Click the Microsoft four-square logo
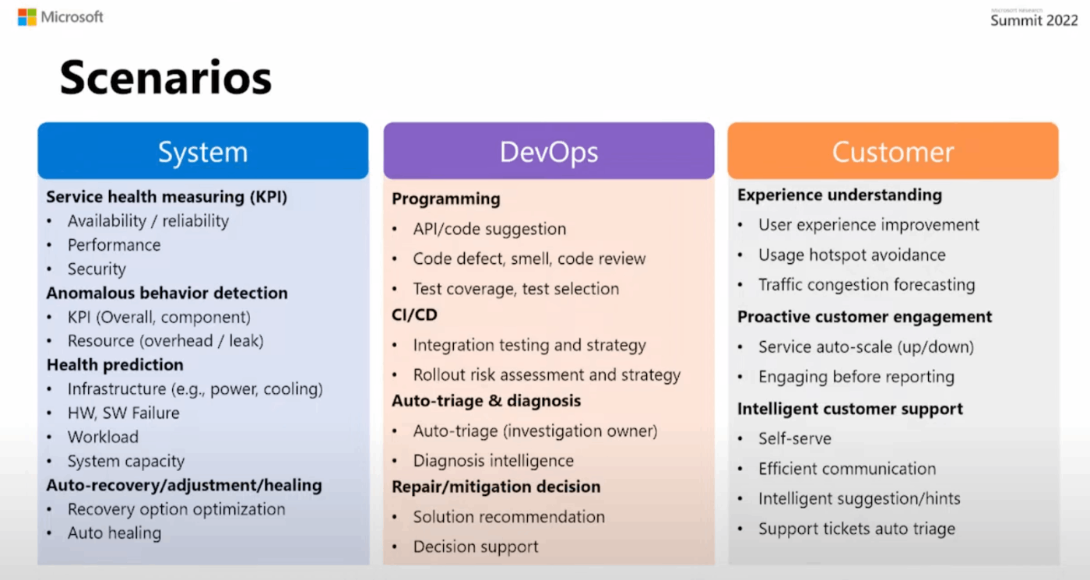pyautogui.click(x=27, y=17)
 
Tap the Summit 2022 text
pyautogui.click(x=1033, y=21)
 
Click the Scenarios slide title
pyautogui.click(x=166, y=79)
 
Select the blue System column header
pyautogui.click(x=202, y=152)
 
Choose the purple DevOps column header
pyautogui.click(x=548, y=152)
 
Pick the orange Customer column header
pyautogui.click(x=892, y=152)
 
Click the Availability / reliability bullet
pyautogui.click(x=148, y=221)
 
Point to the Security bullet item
pyautogui.click(x=97, y=269)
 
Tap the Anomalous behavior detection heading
pyautogui.click(x=167, y=294)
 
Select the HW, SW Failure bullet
pyautogui.click(x=123, y=413)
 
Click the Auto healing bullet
pyautogui.click(x=114, y=533)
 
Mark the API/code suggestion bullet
pyautogui.click(x=489, y=230)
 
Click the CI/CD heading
pyautogui.click(x=414, y=315)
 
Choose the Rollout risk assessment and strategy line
pyautogui.click(x=547, y=375)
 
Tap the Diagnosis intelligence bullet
pyautogui.click(x=493, y=461)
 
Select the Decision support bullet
pyautogui.click(x=475, y=547)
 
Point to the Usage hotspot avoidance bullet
pyautogui.click(x=852, y=255)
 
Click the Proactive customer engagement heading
pyautogui.click(x=864, y=317)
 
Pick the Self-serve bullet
pyautogui.click(x=794, y=439)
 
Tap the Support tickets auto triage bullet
pyautogui.click(x=856, y=529)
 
